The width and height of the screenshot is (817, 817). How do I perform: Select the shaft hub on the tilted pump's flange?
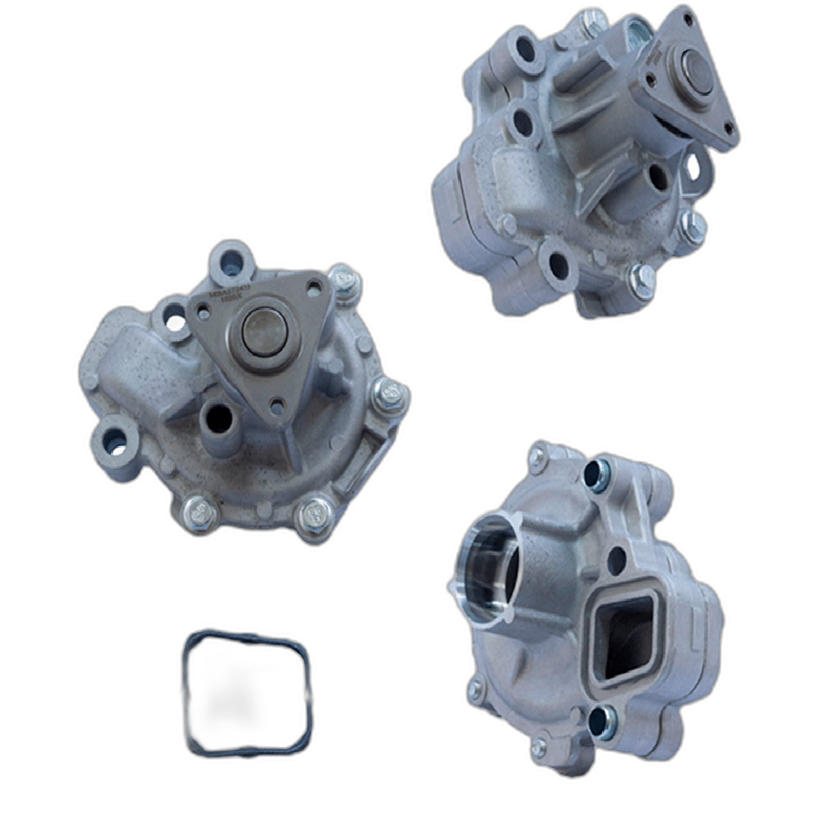pyautogui.click(x=695, y=70)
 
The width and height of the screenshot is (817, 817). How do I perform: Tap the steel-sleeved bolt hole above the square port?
pyautogui.click(x=597, y=476)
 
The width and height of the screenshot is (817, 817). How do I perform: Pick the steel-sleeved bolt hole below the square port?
pyautogui.click(x=604, y=721)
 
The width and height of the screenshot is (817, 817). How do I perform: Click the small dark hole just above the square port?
pyautogui.click(x=616, y=560)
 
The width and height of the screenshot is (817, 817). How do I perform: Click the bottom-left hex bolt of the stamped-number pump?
pyautogui.click(x=199, y=512)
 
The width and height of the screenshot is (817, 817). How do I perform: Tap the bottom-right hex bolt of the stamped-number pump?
pyautogui.click(x=315, y=516)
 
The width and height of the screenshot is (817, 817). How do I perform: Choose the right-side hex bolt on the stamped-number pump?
pyautogui.click(x=390, y=395)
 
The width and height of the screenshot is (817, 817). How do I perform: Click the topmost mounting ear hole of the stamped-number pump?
pyautogui.click(x=231, y=261)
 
